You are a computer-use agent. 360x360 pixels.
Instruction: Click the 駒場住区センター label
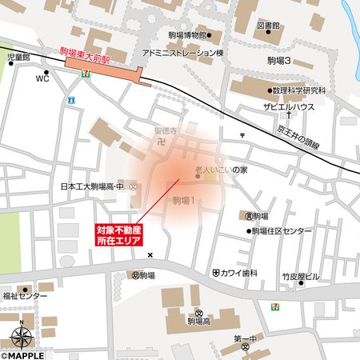tap(280, 231)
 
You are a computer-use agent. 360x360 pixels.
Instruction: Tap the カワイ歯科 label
tap(239, 273)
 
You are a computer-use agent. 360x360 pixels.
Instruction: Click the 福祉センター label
tap(25, 297)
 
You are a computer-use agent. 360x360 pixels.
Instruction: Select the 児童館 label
tap(18, 58)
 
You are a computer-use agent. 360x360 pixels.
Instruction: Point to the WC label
tap(42, 78)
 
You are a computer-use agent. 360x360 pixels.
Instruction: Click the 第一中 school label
tap(246, 339)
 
